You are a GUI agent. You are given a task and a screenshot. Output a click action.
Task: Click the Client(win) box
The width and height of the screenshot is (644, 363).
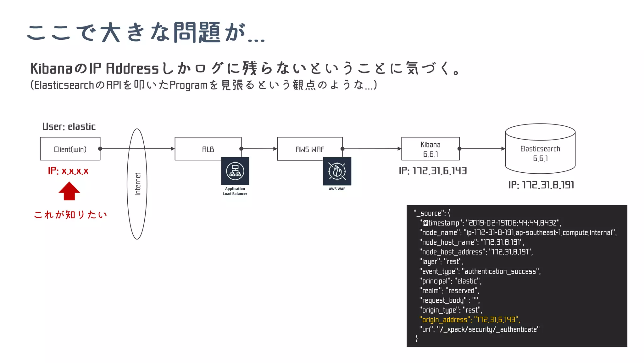pyautogui.click(x=70, y=149)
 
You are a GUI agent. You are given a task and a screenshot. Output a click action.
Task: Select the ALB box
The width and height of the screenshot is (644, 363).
pyautogui.click(x=208, y=149)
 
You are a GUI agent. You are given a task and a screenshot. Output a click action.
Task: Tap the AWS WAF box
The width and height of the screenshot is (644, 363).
pyautogui.click(x=310, y=149)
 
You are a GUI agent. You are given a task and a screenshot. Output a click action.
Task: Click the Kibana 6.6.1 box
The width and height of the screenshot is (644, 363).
pyautogui.click(x=430, y=149)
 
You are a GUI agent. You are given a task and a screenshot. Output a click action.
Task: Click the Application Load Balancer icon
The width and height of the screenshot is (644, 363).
pyautogui.click(x=235, y=171)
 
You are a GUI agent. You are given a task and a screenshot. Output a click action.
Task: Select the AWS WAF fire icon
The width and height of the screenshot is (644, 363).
pyautogui.click(x=337, y=171)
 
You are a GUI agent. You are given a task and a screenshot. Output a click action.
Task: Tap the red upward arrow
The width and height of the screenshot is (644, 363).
pyautogui.click(x=69, y=191)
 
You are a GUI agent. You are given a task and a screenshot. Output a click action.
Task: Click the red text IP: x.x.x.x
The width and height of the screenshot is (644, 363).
pyautogui.click(x=68, y=171)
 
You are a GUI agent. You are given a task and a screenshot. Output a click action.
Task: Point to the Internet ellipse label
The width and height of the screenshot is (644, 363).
pyautogui.click(x=137, y=184)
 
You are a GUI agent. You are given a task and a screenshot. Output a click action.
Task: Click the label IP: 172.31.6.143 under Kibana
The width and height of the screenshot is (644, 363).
pyautogui.click(x=433, y=171)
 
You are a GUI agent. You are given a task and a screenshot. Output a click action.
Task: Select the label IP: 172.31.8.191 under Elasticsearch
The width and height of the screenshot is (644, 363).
pyautogui.click(x=541, y=185)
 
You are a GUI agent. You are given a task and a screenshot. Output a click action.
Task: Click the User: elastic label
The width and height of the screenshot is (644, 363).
pyautogui.click(x=69, y=127)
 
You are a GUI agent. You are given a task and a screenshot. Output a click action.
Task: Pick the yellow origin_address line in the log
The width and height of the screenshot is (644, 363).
pyautogui.click(x=469, y=320)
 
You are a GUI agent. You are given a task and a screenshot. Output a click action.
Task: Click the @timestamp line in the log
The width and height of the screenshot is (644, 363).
pyautogui.click(x=490, y=223)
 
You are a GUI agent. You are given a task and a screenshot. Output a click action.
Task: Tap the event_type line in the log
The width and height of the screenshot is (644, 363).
pyautogui.click(x=480, y=271)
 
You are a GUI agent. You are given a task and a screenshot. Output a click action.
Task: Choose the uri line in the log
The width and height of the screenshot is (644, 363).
pyautogui.click(x=479, y=330)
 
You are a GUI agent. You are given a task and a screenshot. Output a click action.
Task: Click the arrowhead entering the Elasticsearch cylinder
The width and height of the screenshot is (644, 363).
pyautogui.click(x=503, y=149)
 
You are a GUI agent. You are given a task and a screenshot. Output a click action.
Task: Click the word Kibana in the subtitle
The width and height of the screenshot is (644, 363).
pyautogui.click(x=51, y=69)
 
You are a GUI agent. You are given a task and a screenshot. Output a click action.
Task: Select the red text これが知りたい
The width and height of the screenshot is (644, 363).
pyautogui.click(x=70, y=215)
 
